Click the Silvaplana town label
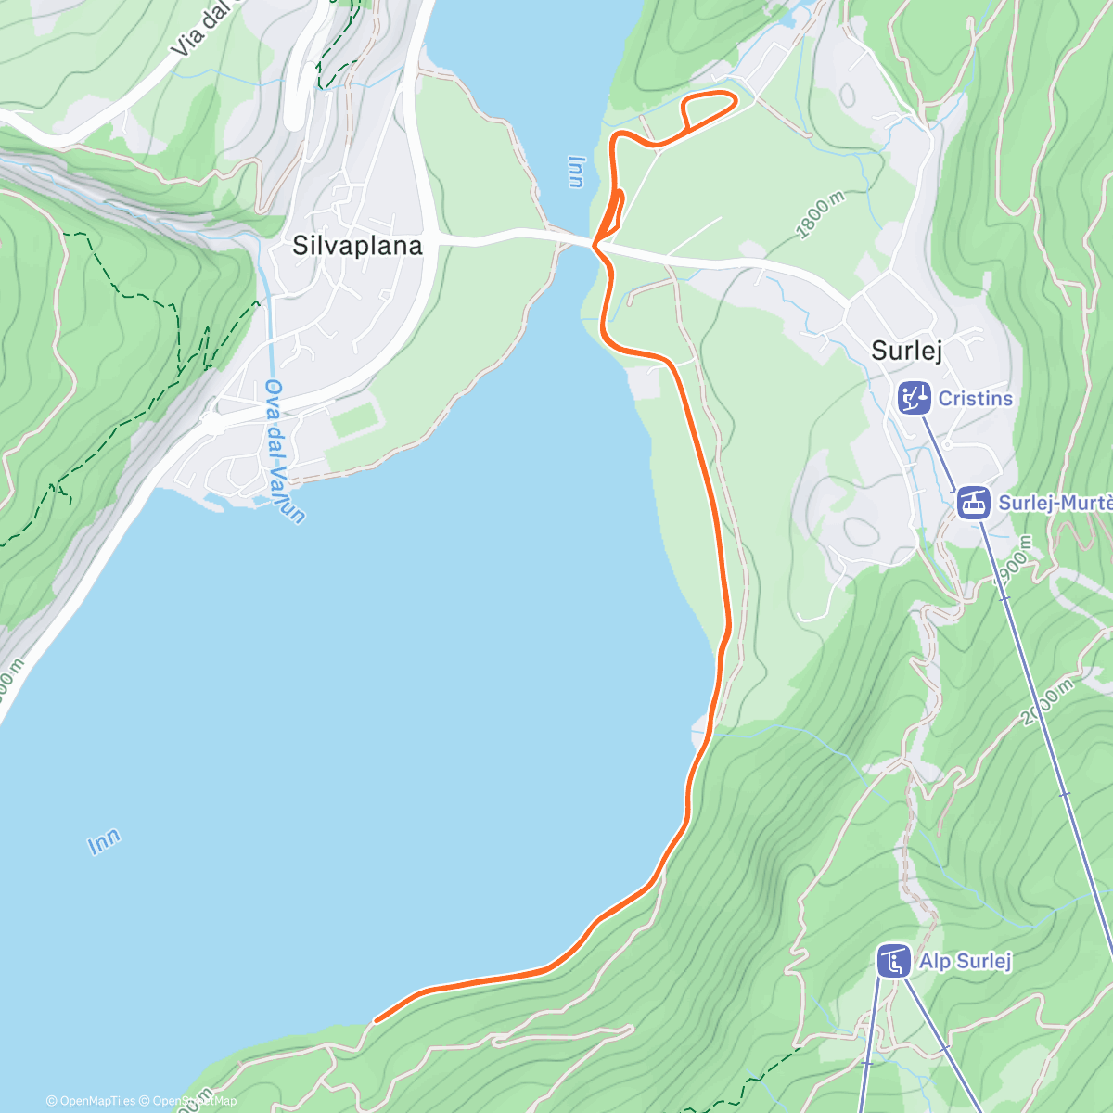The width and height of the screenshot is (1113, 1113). point(357,246)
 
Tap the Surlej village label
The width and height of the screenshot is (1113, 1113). point(906,351)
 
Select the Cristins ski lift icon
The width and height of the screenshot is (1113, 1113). point(915,398)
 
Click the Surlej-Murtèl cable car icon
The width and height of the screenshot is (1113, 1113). point(973,503)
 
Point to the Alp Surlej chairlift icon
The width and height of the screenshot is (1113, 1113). point(894,961)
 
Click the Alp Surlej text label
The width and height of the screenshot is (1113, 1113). point(965,961)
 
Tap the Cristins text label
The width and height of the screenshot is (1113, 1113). point(976,398)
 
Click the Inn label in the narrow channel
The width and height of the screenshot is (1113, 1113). point(576,172)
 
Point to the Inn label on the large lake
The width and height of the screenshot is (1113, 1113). point(104,841)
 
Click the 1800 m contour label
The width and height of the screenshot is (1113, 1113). point(820,216)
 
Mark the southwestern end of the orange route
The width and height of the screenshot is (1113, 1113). point(376,1020)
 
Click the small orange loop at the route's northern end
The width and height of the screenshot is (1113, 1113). point(710,109)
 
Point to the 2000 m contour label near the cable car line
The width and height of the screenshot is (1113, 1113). point(1045,703)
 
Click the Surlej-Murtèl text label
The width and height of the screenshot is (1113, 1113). point(1055,503)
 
